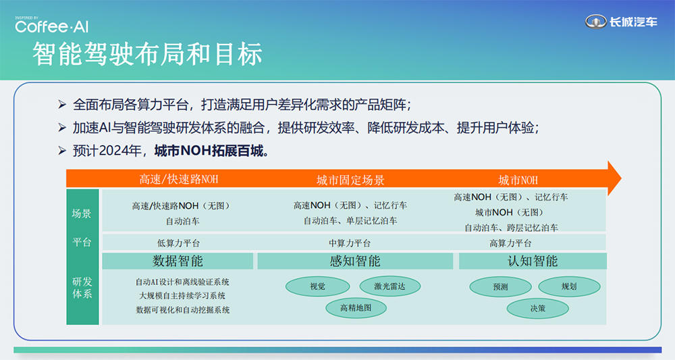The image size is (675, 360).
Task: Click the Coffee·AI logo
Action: click(x=51, y=26)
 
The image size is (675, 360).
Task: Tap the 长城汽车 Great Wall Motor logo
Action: click(x=620, y=22)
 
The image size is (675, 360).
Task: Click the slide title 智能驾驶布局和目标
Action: click(x=148, y=55)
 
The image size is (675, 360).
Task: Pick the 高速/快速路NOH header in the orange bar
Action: click(x=179, y=180)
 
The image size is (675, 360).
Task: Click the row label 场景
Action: click(x=82, y=213)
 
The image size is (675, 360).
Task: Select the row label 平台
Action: click(x=82, y=242)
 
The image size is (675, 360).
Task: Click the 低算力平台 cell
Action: click(x=178, y=243)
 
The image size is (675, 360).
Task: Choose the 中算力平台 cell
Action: click(x=349, y=243)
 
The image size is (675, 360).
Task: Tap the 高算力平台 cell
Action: click(x=510, y=243)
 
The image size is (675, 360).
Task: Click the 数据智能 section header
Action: click(x=178, y=261)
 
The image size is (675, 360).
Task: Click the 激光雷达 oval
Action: click(x=391, y=286)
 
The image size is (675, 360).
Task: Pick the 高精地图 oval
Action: click(x=356, y=308)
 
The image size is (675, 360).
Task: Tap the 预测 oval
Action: click(x=500, y=286)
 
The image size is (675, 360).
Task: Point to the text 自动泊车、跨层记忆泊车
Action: click(x=511, y=228)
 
